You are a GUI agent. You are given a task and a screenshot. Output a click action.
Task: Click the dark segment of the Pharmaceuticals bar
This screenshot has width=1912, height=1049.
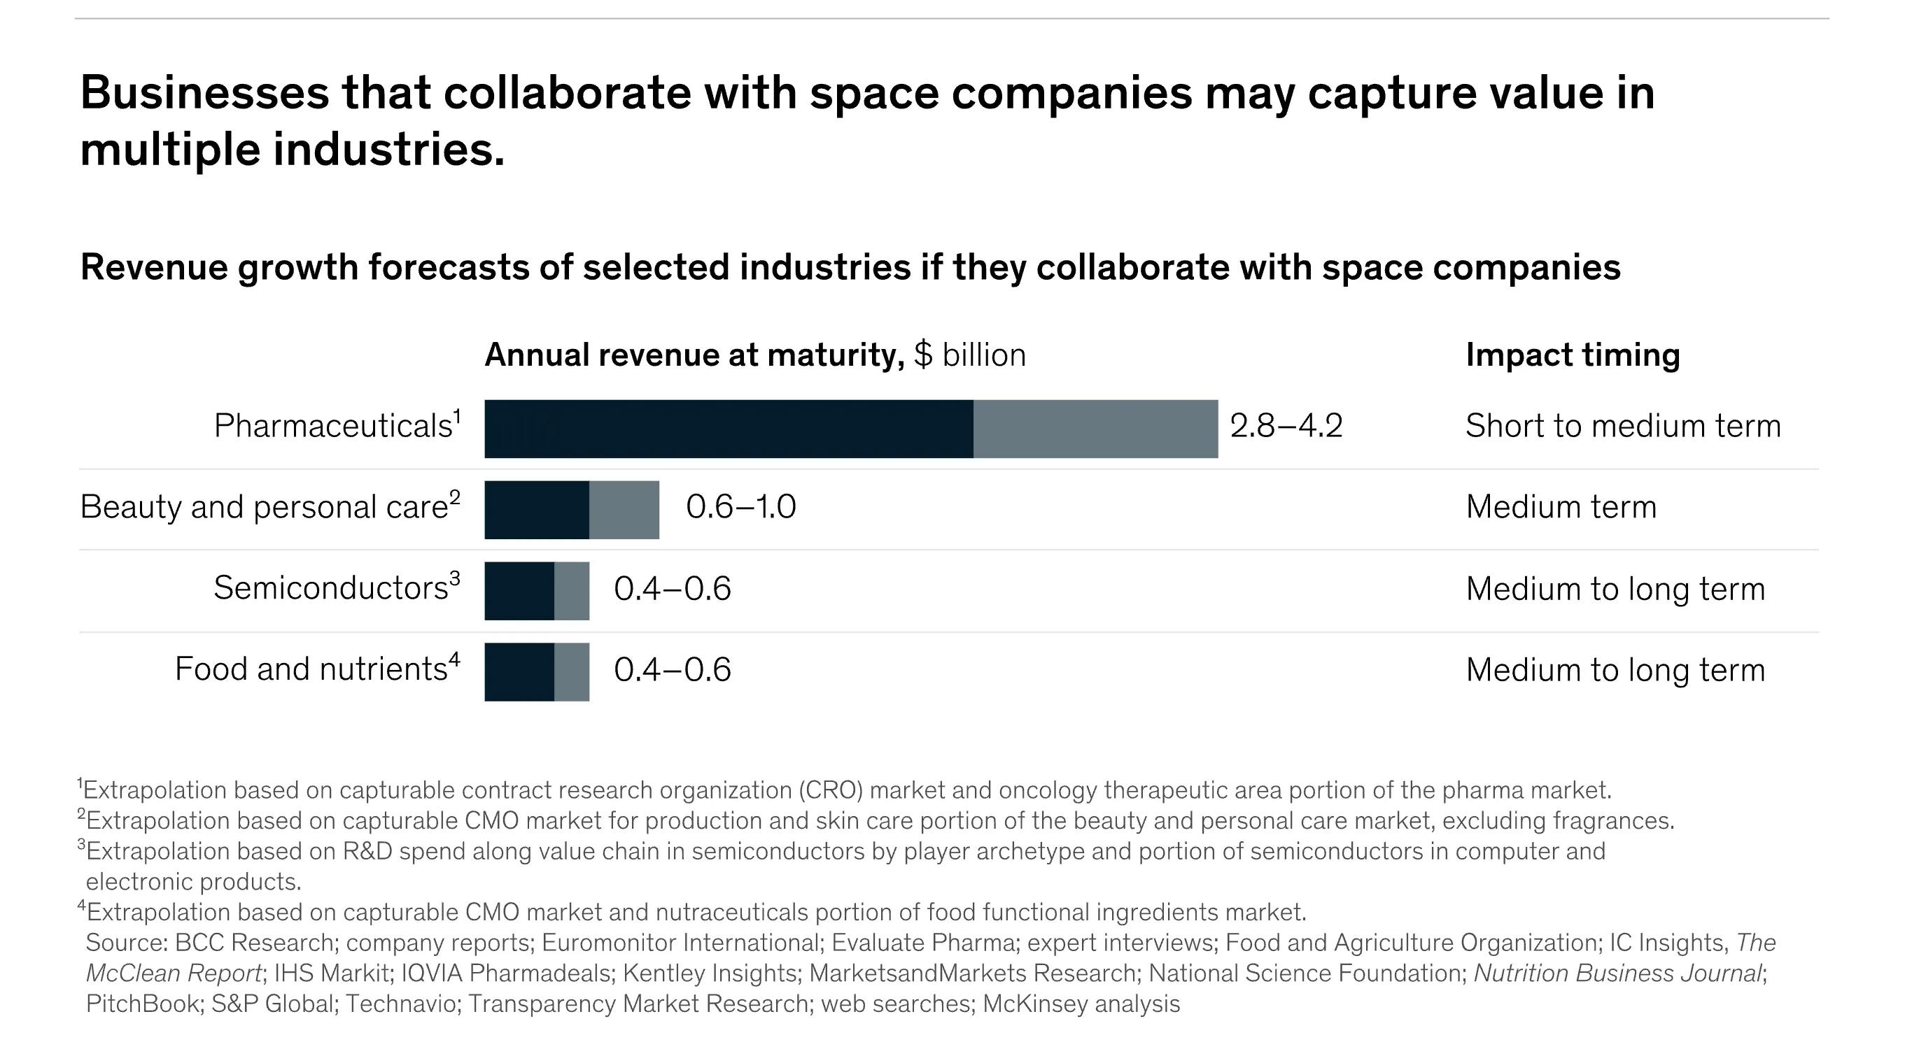click(x=727, y=429)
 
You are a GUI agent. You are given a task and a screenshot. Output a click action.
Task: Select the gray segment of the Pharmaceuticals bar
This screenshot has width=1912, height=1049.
click(x=1095, y=429)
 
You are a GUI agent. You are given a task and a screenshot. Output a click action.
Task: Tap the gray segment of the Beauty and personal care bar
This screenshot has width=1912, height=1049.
click(x=624, y=510)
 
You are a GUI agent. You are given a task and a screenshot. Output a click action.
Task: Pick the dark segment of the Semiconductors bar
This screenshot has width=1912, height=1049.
click(x=519, y=590)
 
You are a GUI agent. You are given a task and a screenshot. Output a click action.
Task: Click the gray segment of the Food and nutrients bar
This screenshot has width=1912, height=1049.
click(x=572, y=671)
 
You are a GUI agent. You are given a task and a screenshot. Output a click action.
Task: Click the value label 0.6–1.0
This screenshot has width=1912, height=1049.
click(x=740, y=508)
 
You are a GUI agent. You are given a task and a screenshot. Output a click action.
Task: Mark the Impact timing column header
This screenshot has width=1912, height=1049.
click(x=1572, y=355)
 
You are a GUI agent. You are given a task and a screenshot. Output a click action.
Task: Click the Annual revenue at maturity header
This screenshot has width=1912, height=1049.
click(x=694, y=355)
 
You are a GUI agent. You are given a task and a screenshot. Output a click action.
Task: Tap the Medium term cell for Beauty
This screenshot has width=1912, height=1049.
click(x=1560, y=508)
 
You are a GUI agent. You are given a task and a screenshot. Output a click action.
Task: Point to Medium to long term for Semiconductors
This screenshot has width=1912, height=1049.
click(x=1615, y=589)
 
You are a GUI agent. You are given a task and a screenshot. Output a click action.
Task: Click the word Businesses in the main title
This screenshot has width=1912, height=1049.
click(x=204, y=94)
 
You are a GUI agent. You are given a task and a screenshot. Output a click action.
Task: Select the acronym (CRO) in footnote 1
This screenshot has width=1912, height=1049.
click(x=831, y=790)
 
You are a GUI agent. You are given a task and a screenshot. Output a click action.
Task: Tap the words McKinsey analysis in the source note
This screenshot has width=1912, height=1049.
click(x=1081, y=1004)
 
